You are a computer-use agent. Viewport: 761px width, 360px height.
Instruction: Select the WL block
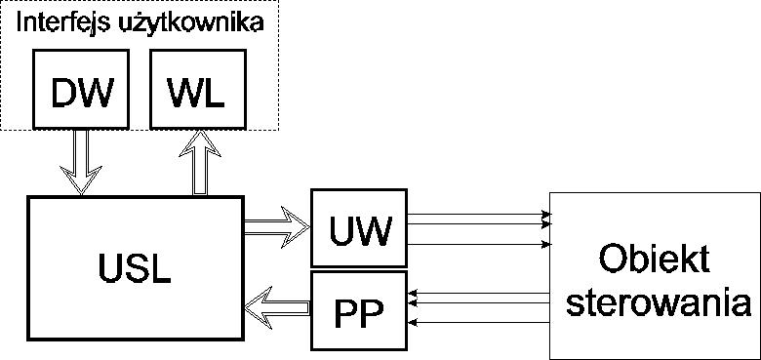point(196,89)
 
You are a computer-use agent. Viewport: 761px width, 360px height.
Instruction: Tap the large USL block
point(135,265)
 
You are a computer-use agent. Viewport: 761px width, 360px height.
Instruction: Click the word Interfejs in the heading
point(64,22)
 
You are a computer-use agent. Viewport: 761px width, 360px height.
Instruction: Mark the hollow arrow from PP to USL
point(276,310)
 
